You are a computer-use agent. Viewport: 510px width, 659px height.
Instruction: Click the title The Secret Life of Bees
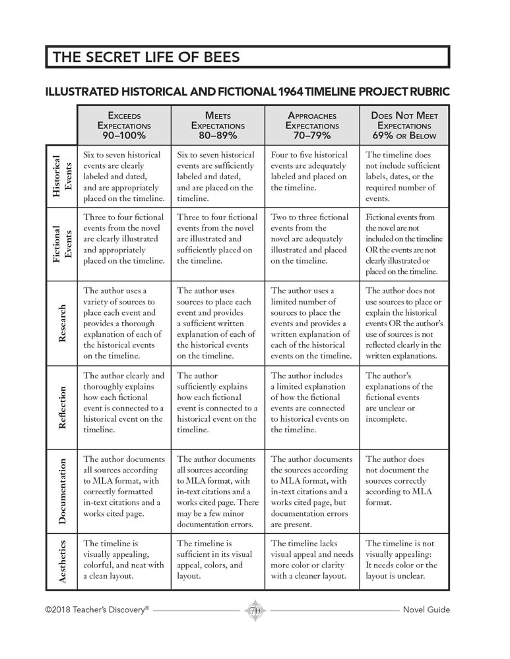(146, 57)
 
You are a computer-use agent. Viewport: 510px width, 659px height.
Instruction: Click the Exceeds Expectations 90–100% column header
(124, 125)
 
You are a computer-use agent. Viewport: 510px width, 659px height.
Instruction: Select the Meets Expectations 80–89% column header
(218, 125)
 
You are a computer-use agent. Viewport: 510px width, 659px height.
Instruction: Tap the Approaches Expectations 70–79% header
(312, 125)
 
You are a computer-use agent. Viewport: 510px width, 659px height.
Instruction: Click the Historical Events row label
(61, 177)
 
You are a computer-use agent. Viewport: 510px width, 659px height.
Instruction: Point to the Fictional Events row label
(61, 244)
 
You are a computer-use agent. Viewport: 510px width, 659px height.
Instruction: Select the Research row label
(61, 323)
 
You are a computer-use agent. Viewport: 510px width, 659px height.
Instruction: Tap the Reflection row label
(61, 407)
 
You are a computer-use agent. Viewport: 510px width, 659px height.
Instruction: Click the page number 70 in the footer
(255, 610)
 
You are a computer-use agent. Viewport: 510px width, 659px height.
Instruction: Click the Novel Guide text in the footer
(426, 610)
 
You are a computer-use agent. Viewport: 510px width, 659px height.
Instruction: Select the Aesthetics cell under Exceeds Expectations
(123, 559)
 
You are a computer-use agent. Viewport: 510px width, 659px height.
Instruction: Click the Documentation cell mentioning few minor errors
(218, 491)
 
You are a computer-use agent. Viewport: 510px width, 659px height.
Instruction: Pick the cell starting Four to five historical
(311, 171)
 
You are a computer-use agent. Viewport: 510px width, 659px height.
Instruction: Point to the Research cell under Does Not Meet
(404, 323)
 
